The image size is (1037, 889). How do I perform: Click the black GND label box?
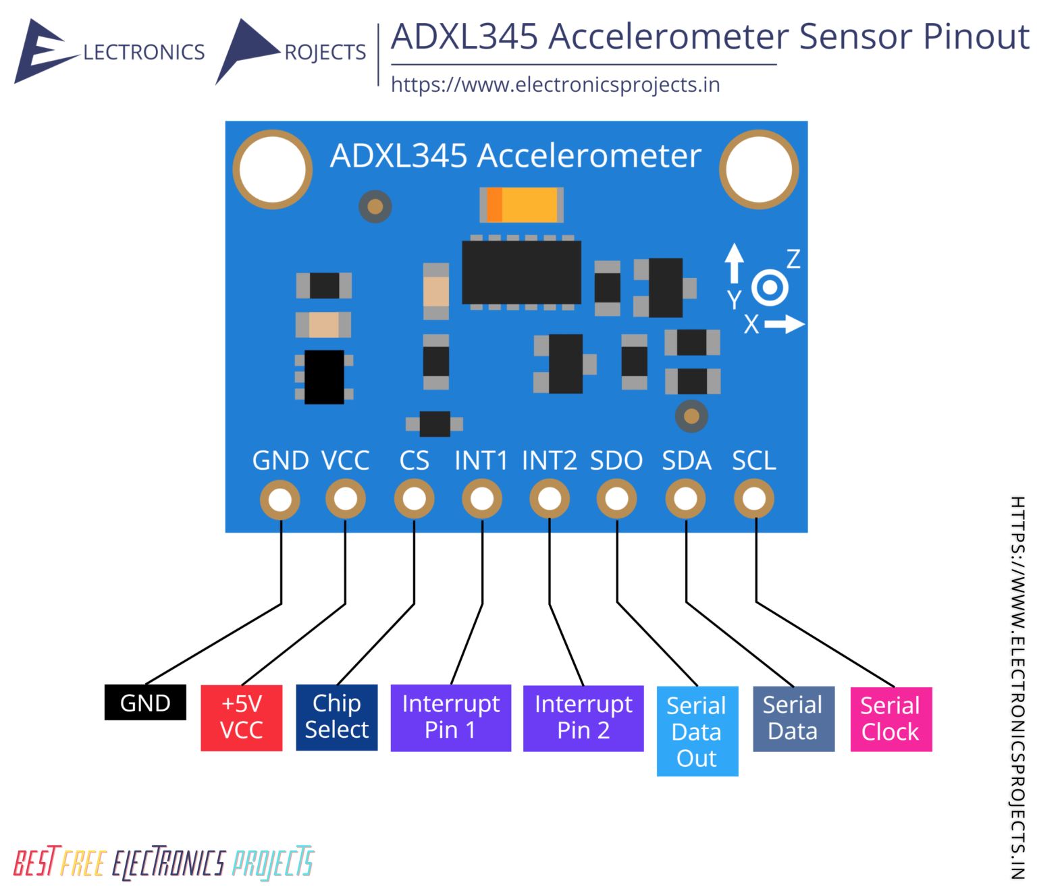coord(145,702)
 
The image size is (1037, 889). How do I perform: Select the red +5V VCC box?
coord(241,718)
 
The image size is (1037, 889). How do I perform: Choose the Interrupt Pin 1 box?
coord(450,718)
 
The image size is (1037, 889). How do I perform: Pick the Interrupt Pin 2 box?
coord(583,718)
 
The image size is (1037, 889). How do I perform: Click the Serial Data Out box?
coord(697,731)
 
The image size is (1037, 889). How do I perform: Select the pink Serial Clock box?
coord(891,719)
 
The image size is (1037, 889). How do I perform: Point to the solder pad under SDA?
coord(685,499)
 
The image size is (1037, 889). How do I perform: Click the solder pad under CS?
coord(414,499)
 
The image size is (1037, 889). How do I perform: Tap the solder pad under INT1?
coord(481,499)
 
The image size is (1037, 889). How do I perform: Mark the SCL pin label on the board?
coord(753,460)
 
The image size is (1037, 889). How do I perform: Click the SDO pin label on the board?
coord(616,460)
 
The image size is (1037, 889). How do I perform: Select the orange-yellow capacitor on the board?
coord(521,205)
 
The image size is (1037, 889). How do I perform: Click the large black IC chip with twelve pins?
coord(521,273)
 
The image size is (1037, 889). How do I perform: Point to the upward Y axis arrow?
coord(734,263)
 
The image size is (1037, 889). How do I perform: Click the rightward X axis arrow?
coord(785,323)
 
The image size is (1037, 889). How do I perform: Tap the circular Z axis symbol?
coord(770,288)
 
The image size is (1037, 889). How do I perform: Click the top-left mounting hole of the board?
coord(273,169)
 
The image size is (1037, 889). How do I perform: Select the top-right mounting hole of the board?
coord(759,169)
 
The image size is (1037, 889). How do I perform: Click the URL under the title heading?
coord(556,85)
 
